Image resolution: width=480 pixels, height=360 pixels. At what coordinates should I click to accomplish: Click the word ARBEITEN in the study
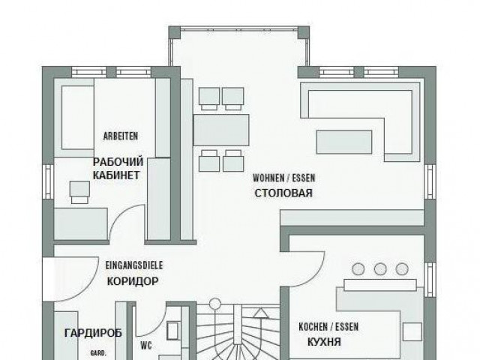click(x=121, y=136)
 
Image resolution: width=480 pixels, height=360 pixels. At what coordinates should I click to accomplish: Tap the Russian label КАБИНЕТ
click(x=116, y=175)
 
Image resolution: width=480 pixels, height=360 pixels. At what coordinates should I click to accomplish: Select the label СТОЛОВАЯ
click(x=283, y=193)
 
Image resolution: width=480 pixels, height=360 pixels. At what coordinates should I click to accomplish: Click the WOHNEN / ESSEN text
click(x=283, y=178)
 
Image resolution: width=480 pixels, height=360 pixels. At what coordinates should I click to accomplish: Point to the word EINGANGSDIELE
click(x=134, y=265)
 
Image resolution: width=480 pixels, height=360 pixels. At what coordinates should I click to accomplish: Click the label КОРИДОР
click(x=133, y=281)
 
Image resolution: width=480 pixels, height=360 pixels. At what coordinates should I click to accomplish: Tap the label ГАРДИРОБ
click(x=93, y=333)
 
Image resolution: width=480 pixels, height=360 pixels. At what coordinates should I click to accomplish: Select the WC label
click(x=146, y=346)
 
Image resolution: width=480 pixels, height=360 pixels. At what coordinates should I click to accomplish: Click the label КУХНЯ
click(x=324, y=342)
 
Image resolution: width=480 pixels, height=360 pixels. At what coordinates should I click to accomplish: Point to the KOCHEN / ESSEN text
click(x=328, y=327)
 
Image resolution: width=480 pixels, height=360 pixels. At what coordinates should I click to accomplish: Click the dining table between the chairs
click(x=221, y=130)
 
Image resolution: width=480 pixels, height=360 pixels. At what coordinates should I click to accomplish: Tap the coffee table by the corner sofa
click(x=344, y=142)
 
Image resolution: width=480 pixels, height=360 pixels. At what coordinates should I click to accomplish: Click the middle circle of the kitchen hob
click(x=380, y=269)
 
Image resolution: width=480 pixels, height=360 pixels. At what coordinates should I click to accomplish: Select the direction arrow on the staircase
click(x=261, y=313)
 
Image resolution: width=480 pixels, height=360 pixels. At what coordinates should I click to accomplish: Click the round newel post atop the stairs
click(x=215, y=303)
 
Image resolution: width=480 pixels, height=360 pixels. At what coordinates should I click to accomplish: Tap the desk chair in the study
click(x=80, y=192)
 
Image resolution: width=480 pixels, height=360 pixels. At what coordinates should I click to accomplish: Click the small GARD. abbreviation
click(x=98, y=353)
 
